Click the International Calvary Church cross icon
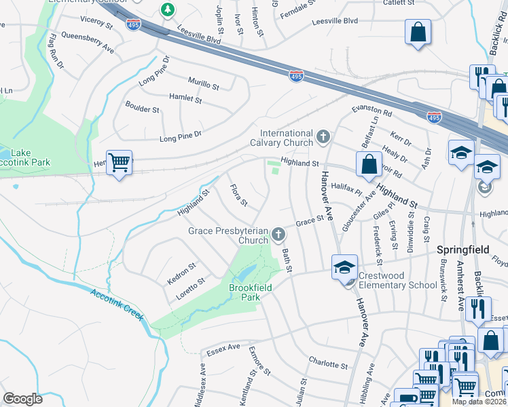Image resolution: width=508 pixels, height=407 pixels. coord(323,138)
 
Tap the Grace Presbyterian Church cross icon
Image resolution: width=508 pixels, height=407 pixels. coord(278,235)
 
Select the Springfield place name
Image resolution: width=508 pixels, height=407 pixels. coord(463,250)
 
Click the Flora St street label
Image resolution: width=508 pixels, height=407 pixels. coord(238,196)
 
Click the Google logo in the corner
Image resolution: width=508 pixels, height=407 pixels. coord(22,399)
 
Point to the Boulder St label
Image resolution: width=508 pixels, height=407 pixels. coord(142,106)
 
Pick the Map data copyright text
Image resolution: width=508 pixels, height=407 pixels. coord(479,402)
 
